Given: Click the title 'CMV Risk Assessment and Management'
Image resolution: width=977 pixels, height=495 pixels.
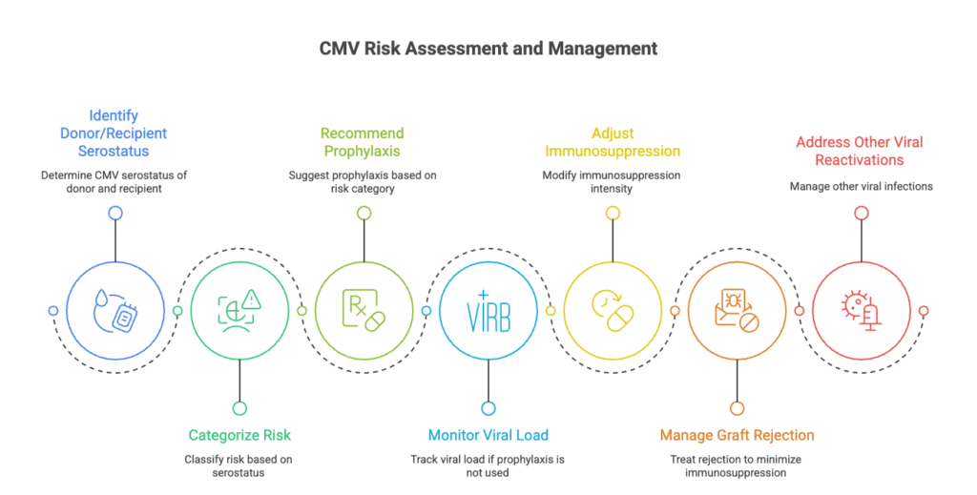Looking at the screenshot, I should tap(488, 47).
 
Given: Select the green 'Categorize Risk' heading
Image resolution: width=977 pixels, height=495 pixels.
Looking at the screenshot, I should tap(239, 435).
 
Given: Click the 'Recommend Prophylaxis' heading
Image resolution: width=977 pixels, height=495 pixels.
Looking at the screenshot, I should tap(363, 141).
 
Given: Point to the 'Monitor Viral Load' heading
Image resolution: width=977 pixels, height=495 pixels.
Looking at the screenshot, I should tap(488, 435).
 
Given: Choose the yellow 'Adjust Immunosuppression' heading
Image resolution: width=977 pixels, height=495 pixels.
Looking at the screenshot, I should tap(612, 141).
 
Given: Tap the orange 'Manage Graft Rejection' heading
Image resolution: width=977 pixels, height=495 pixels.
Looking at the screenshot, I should tap(737, 435).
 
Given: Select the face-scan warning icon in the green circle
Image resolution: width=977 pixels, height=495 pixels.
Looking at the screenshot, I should tap(239, 311).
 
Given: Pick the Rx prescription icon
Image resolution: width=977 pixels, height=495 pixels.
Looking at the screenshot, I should tap(363, 311).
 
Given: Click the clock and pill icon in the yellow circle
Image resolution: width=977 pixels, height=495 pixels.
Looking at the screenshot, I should tap(612, 311).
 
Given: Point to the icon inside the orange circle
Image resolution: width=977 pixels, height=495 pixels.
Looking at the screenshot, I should tap(737, 311).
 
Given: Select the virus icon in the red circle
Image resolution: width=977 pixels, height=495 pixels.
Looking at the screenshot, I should tap(861, 311).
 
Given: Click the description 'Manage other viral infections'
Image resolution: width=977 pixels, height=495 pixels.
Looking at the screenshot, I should tap(861, 187).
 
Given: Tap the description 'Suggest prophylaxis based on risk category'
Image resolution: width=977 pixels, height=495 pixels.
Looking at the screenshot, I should tap(363, 182).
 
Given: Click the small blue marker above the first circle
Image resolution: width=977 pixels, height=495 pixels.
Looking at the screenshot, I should tap(114, 214).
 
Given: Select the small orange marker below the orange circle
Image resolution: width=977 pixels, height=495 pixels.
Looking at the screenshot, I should tap(737, 408).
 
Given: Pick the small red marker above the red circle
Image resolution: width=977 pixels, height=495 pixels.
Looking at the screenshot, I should tap(861, 214).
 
